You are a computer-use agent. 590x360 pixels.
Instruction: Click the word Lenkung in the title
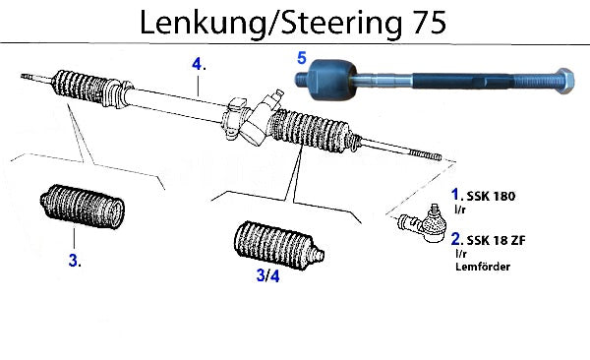[x=203, y=23]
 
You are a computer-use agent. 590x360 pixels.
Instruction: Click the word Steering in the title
[x=341, y=23]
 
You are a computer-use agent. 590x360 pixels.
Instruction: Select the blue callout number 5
[x=302, y=58]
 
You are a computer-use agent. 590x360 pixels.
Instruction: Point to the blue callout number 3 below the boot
[x=75, y=261]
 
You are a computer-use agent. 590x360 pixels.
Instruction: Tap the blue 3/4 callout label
[x=267, y=275]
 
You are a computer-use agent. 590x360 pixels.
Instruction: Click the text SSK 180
[x=491, y=196]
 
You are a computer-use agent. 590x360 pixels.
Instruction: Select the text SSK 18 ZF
[x=496, y=240]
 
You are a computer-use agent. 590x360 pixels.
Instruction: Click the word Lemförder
[x=483, y=267]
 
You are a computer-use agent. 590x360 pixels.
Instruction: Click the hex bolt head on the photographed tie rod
[x=563, y=82]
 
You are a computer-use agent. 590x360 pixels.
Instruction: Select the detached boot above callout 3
[x=83, y=207]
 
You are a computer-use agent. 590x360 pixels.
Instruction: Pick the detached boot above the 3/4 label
[x=278, y=246]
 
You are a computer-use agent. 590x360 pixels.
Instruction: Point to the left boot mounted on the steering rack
[x=93, y=89]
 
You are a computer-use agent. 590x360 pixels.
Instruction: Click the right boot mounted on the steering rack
[x=316, y=131]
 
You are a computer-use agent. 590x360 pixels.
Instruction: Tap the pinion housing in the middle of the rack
[x=252, y=118]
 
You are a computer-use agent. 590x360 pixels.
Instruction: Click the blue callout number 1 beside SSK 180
[x=456, y=195]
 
